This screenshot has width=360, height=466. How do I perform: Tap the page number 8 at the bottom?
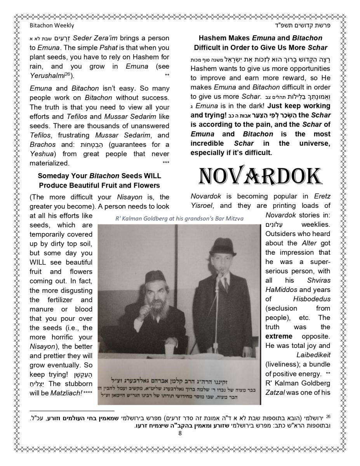click(180, 433)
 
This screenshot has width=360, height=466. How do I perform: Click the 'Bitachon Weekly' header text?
click(52, 25)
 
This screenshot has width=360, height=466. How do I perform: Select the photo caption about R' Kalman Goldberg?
click(179, 219)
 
